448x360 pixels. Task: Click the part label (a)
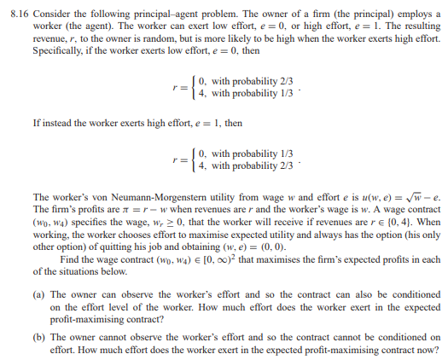(x=42, y=291)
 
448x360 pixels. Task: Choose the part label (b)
(x=42, y=337)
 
